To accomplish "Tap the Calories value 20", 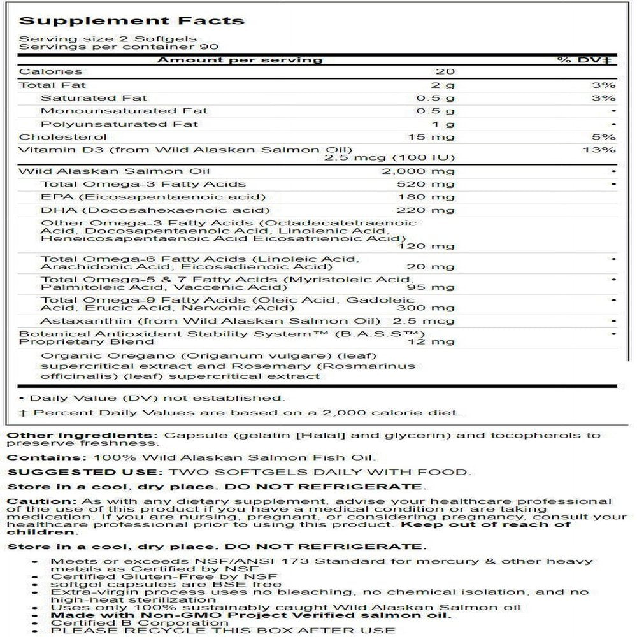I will click(x=443, y=72).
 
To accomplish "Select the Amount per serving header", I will click(x=240, y=60).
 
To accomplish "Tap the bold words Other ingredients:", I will click(x=82, y=436).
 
